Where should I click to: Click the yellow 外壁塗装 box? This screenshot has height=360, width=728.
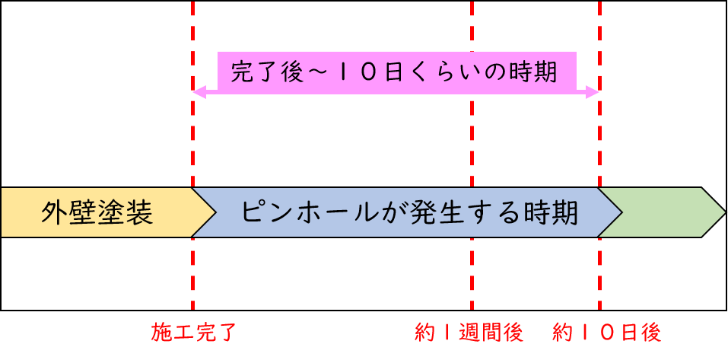pyautogui.click(x=97, y=212)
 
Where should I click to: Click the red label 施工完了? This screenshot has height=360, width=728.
pyautogui.click(x=195, y=333)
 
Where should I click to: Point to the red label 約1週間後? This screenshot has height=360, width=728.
pyautogui.click(x=469, y=333)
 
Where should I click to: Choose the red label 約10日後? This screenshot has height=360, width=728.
pyautogui.click(x=607, y=333)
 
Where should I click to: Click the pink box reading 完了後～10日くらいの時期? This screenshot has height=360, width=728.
pyautogui.click(x=396, y=73)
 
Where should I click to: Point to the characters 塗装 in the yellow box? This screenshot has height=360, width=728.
pyautogui.click(x=126, y=212)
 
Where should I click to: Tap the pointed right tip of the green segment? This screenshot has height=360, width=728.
pyautogui.click(x=721, y=212)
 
